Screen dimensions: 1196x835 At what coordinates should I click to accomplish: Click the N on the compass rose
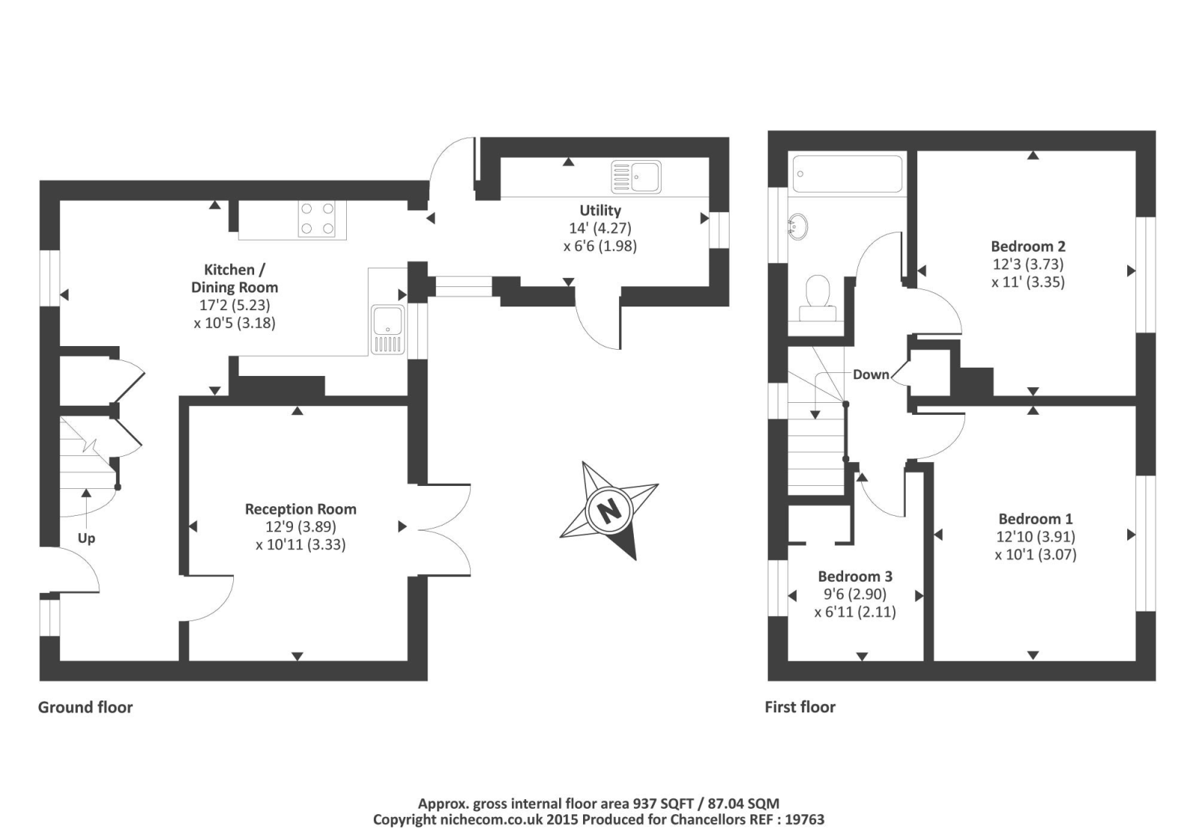609,511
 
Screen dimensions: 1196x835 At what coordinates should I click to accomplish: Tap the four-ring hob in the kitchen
317,219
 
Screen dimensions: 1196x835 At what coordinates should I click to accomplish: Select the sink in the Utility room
636,176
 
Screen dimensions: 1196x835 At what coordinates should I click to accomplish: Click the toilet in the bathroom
817,299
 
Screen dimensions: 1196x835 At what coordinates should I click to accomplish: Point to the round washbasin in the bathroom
798,227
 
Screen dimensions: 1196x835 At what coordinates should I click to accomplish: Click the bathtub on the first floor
848,173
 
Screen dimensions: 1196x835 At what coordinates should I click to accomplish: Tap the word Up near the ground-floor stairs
87,538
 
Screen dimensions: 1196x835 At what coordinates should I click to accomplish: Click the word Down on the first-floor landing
871,375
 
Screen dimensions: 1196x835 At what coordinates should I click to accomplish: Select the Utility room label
601,210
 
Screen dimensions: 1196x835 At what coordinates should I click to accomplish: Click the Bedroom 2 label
1028,246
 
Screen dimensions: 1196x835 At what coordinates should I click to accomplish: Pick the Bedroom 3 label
855,576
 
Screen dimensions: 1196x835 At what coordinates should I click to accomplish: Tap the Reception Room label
300,509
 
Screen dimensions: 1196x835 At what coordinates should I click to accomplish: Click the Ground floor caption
85,707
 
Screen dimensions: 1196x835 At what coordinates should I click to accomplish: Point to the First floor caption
800,707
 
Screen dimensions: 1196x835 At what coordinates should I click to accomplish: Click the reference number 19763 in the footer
805,819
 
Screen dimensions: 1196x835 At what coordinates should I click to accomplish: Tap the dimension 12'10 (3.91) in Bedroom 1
1036,537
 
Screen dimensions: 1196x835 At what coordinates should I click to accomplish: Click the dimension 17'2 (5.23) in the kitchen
235,305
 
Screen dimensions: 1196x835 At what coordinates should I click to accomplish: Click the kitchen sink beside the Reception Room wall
388,330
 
